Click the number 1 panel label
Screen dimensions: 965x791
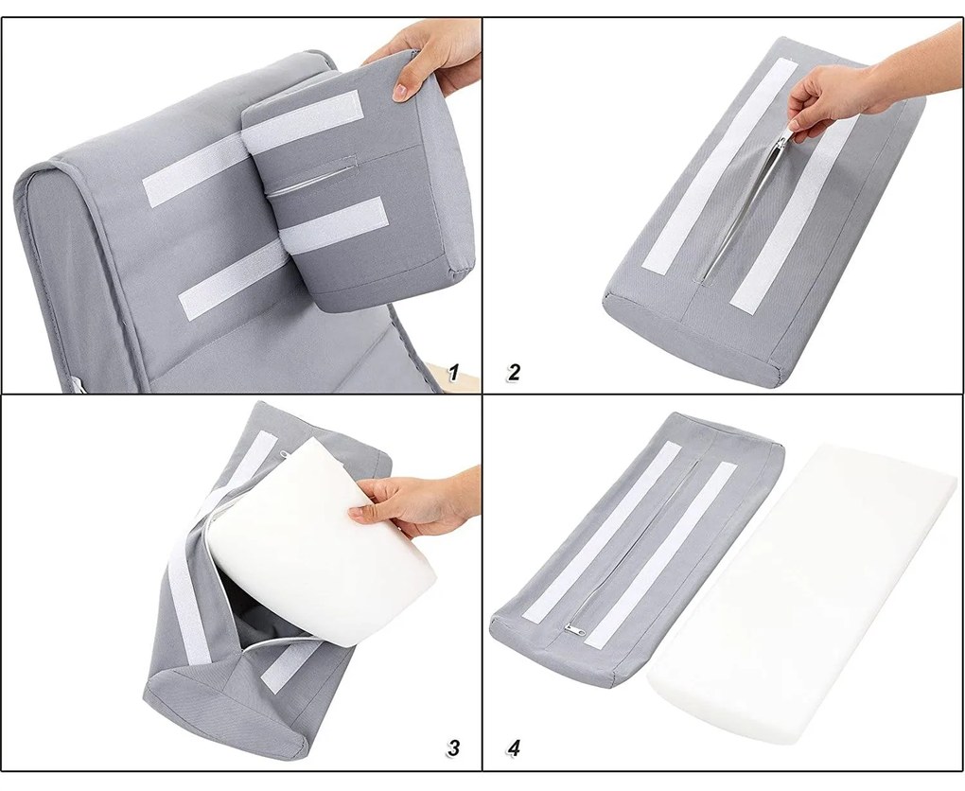pos(453,373)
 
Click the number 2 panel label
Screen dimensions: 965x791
pos(514,373)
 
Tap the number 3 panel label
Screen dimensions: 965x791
pos(453,747)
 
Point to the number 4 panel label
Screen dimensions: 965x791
pos(515,747)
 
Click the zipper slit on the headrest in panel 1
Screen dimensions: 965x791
pos(314,175)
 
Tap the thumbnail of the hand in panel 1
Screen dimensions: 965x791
pos(400,91)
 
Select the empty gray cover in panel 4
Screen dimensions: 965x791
pos(634,548)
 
